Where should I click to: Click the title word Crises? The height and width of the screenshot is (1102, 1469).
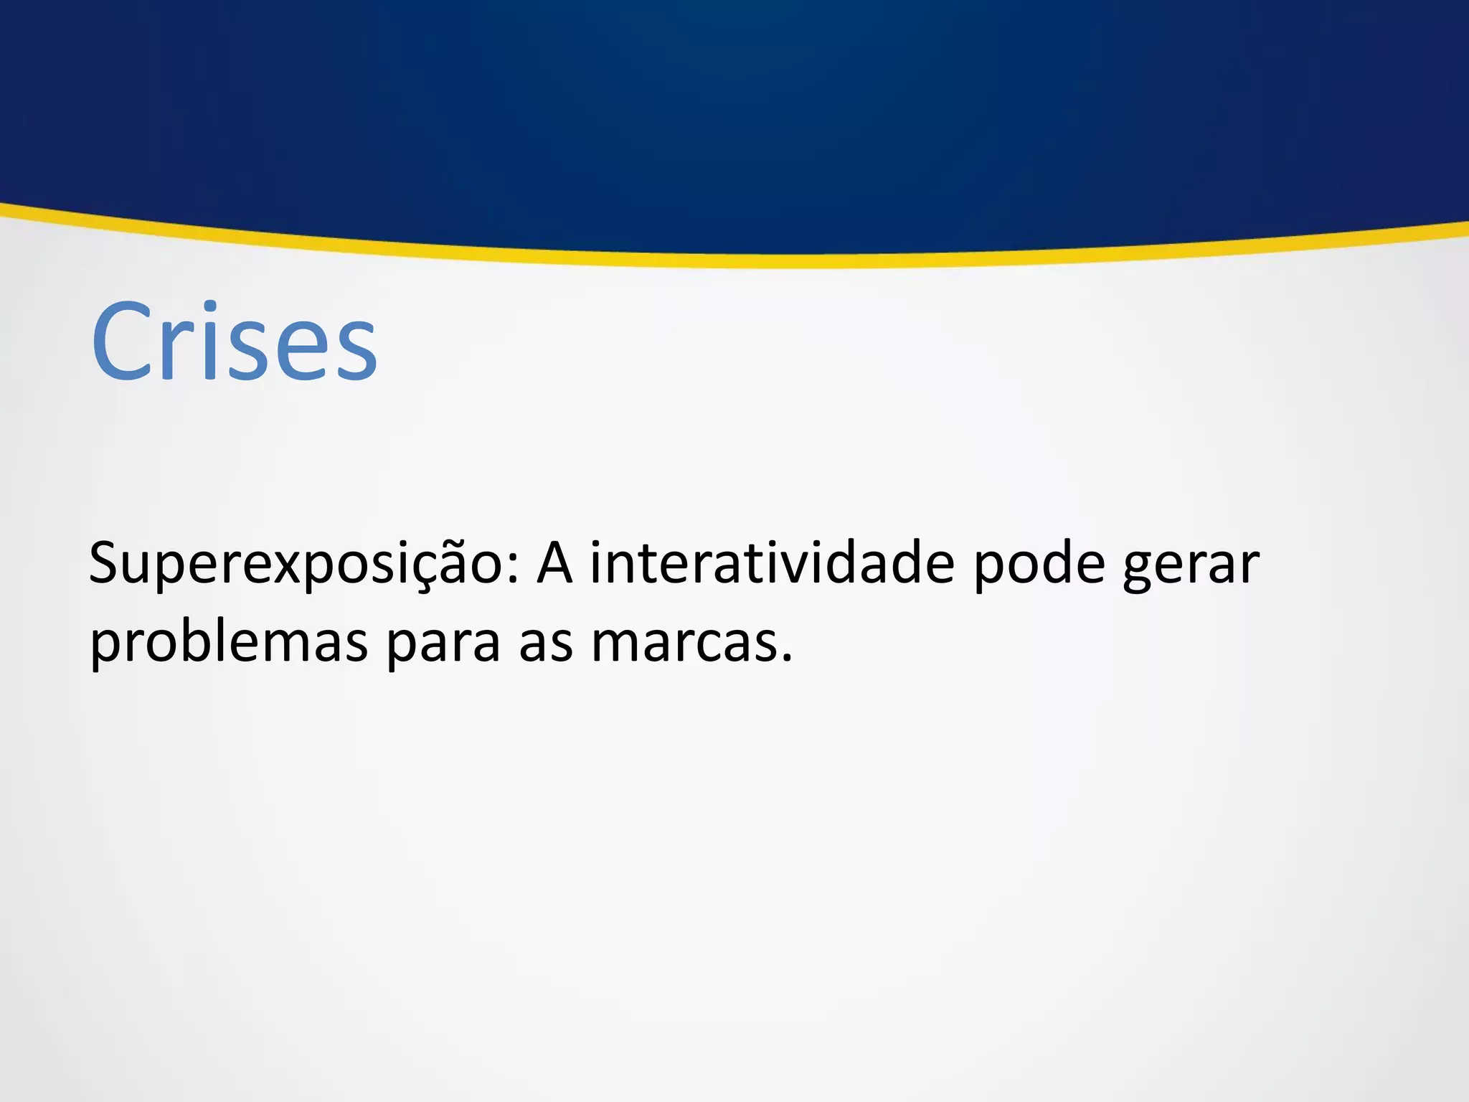[x=234, y=342]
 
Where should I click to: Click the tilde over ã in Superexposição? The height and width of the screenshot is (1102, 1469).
[x=469, y=543]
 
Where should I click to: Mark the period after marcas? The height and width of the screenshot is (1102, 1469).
[x=787, y=658]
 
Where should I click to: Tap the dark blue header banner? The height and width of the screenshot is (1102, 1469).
[x=734, y=108]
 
